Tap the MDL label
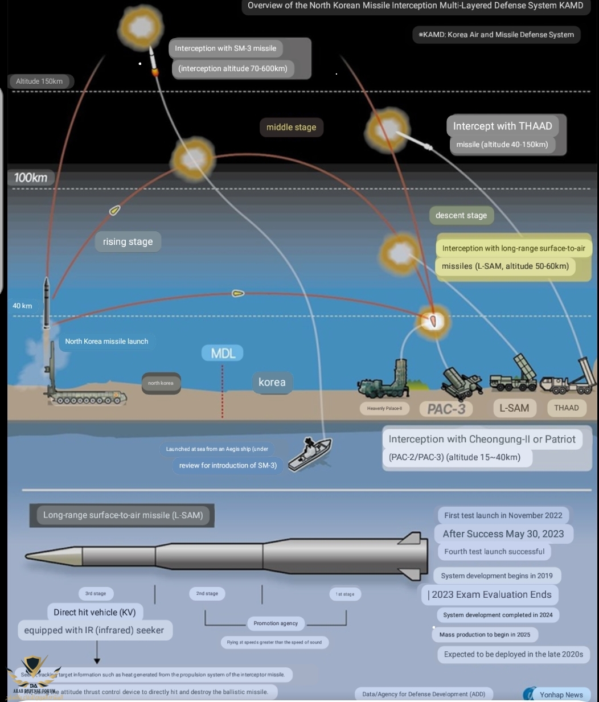pos(223,354)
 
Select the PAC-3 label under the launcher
pos(446,409)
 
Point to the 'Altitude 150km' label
pos(39,81)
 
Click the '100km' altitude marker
pos(31,178)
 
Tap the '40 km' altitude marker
pos(23,306)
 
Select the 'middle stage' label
pos(291,128)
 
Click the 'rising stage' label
pos(128,242)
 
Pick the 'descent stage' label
pos(461,216)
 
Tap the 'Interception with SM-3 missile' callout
pos(225,48)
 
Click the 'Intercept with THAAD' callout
pos(502,126)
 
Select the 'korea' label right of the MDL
pos(272,383)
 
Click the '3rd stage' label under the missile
pos(96,594)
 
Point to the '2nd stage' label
pos(207,594)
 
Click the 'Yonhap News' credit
pos(561,695)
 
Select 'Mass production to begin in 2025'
pos(485,634)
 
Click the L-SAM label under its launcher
pos(514,408)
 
